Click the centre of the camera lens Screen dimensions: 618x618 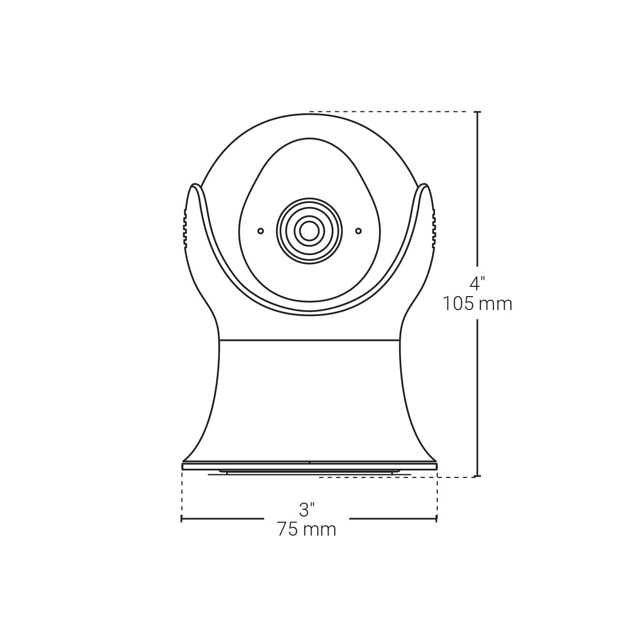[309, 230]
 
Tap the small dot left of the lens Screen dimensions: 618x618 [261, 231]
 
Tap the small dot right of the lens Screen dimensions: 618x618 [358, 231]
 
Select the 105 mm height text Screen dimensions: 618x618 [477, 304]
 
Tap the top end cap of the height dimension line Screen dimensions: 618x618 [477, 112]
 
